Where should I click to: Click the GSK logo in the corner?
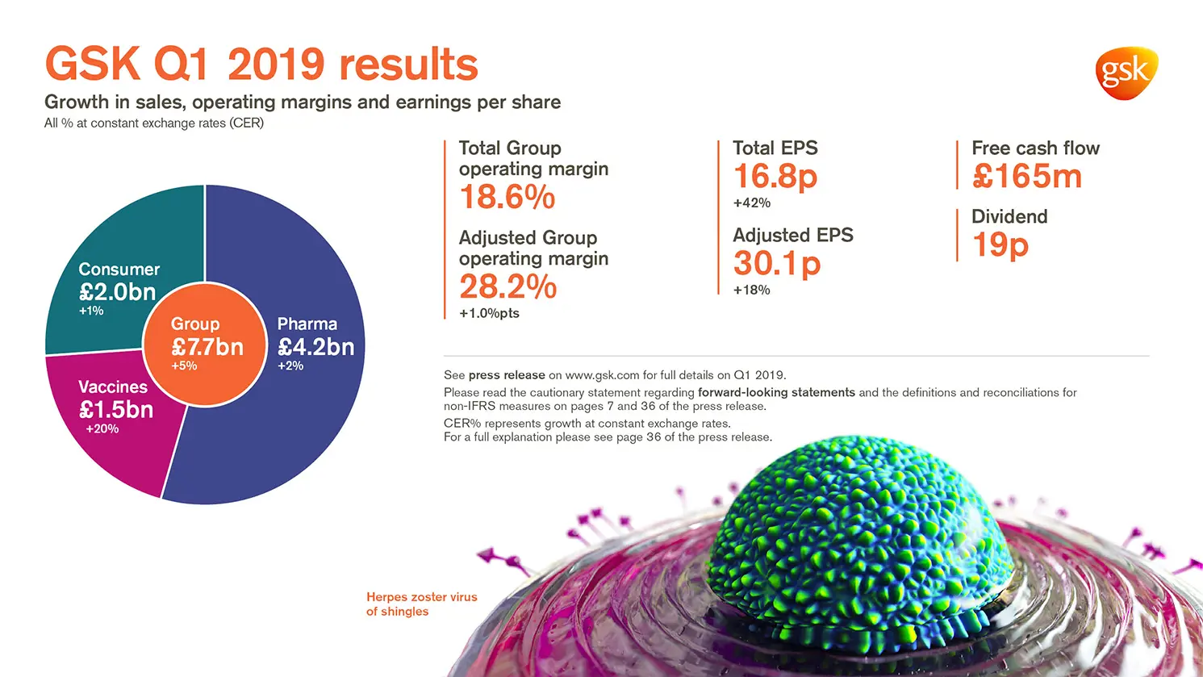tap(1126, 73)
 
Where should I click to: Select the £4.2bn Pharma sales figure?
tap(315, 347)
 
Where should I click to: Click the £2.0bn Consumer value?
tap(118, 291)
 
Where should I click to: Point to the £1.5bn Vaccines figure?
tap(116, 409)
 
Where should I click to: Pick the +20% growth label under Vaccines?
tap(102, 428)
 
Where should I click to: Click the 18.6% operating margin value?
tap(507, 197)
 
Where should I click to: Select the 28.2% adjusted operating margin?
tap(508, 286)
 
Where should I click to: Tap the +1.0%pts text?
tap(489, 313)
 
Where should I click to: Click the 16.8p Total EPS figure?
tap(775, 176)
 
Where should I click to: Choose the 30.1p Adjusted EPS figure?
tap(776, 263)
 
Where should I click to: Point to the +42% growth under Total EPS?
tap(751, 203)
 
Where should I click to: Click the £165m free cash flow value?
tap(1026, 176)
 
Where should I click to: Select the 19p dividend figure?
tap(1000, 244)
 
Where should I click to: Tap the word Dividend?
tap(1009, 216)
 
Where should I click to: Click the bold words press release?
tap(506, 375)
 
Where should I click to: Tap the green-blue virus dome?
tap(859, 549)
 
